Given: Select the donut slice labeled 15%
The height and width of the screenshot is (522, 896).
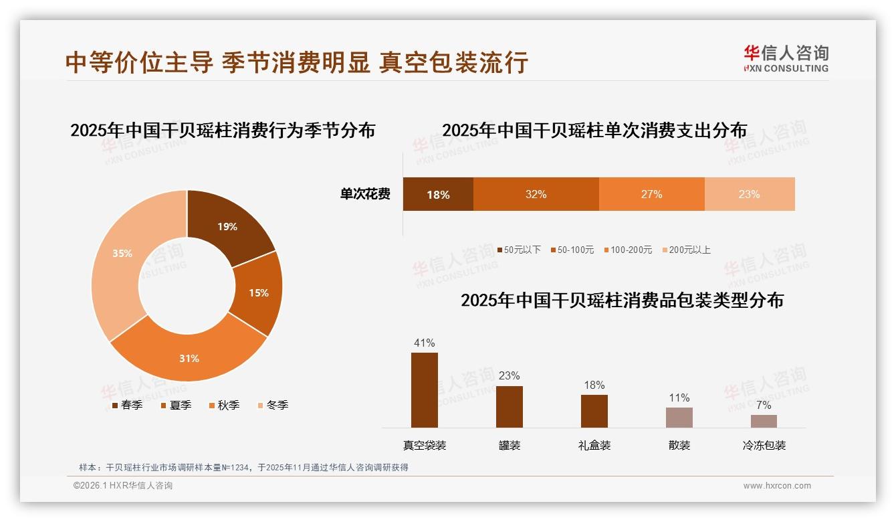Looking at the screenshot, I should coord(257,292).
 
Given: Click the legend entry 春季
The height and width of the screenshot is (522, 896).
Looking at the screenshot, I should coord(127,406).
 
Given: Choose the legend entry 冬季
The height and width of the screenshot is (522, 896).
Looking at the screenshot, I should coord(272,406).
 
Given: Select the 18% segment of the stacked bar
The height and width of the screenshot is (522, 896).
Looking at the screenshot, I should coord(438,194).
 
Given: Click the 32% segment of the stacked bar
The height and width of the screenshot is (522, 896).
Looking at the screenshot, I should coord(536,194).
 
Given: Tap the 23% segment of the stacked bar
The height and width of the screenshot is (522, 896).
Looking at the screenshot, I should coord(749,194).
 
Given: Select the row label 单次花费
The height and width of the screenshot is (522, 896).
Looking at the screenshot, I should coord(365,195).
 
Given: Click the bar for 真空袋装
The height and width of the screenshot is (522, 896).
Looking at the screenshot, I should coord(424,389).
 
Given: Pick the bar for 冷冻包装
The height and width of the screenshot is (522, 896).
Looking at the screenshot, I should coord(764,421).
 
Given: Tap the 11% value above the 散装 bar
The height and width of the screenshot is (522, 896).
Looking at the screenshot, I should coord(679,398).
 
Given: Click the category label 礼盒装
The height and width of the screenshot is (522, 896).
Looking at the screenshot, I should coord(594,445).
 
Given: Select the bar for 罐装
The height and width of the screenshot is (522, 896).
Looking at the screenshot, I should coord(509,406).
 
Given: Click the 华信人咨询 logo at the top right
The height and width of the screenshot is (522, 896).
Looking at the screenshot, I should coord(786,59).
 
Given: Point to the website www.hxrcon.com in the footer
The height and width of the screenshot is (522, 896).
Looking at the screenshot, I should coord(777,486).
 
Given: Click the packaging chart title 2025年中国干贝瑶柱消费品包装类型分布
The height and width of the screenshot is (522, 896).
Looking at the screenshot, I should coord(622,300).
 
